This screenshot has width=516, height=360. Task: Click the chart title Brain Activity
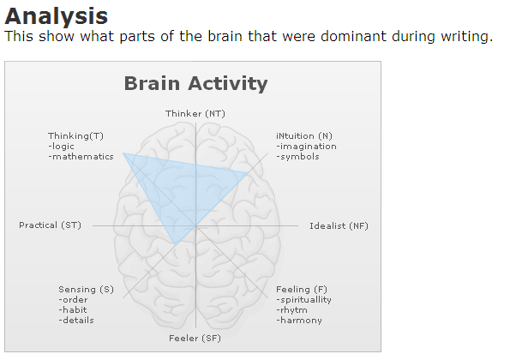pyautogui.click(x=195, y=84)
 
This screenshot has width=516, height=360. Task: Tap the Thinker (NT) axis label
pyautogui.click(x=195, y=114)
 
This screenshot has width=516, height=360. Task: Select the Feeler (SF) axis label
pyautogui.click(x=195, y=339)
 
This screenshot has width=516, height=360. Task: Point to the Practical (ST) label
pyautogui.click(x=50, y=225)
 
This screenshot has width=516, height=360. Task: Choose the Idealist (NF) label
pyautogui.click(x=339, y=226)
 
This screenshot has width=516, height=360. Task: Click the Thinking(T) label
pyautogui.click(x=75, y=136)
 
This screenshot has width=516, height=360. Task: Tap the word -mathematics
pyautogui.click(x=81, y=157)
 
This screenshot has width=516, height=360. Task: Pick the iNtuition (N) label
pyautogui.click(x=304, y=136)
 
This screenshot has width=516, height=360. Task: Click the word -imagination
pyautogui.click(x=306, y=147)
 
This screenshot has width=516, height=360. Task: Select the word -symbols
pyautogui.click(x=297, y=157)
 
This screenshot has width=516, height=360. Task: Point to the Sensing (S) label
pyautogui.click(x=87, y=290)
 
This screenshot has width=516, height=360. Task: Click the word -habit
pyautogui.click(x=73, y=310)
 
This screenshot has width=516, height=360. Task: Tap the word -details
pyautogui.click(x=76, y=321)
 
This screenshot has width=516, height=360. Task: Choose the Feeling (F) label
pyautogui.click(x=302, y=290)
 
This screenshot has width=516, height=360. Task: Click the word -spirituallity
pyautogui.click(x=303, y=300)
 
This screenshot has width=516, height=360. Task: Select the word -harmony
pyautogui.click(x=299, y=321)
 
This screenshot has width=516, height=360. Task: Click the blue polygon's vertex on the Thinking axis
pyautogui.click(x=123, y=153)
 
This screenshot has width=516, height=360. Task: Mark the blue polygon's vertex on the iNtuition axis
pyautogui.click(x=249, y=173)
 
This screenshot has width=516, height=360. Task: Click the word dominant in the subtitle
pyautogui.click(x=353, y=36)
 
